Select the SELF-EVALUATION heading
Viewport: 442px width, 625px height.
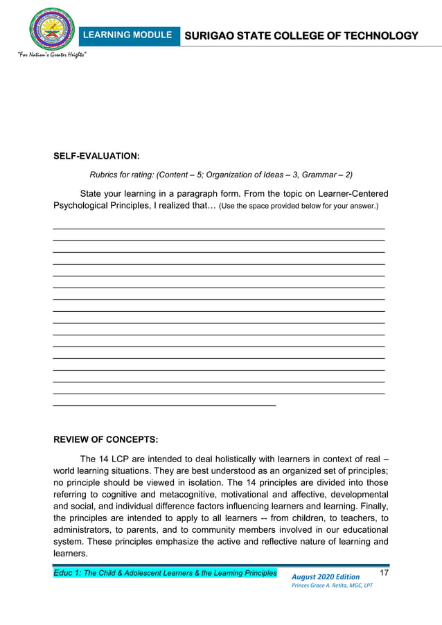96,157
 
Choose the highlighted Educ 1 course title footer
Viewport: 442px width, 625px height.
165,573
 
